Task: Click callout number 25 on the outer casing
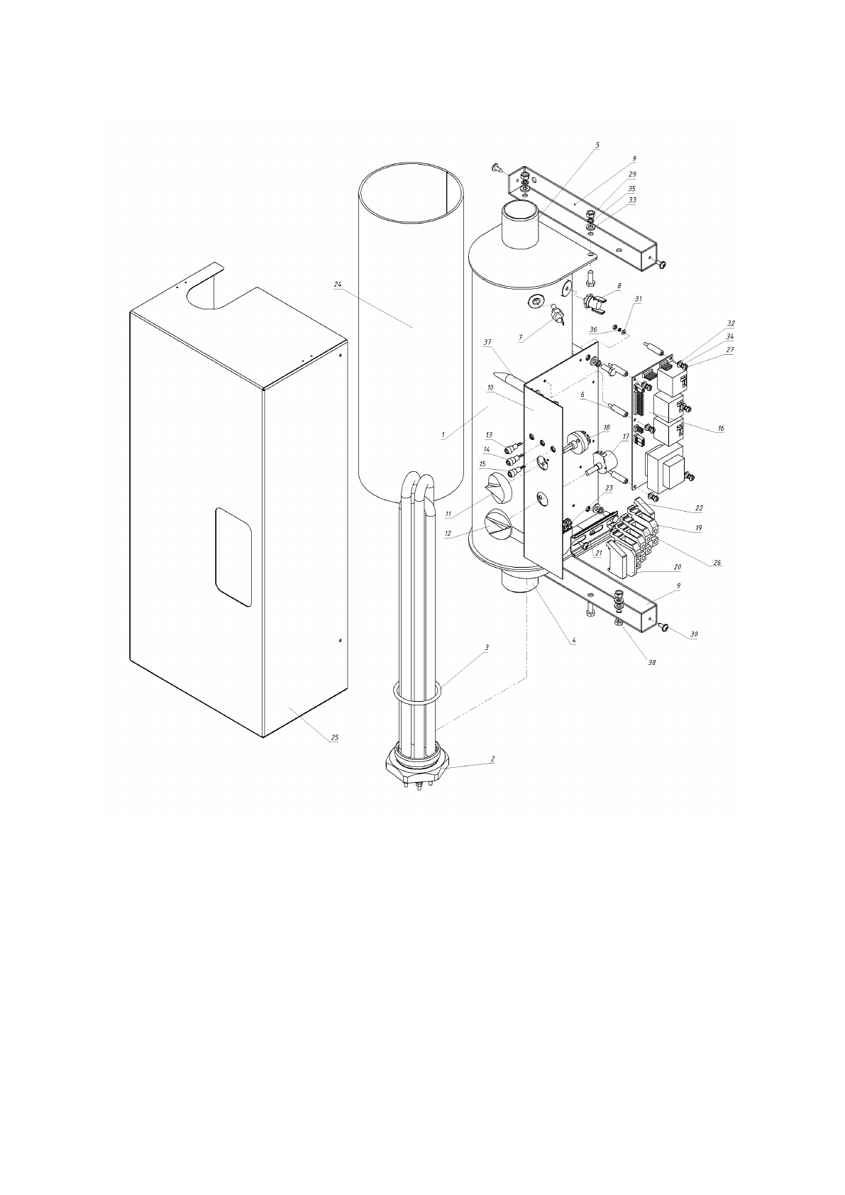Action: [x=334, y=737]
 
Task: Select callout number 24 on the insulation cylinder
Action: [x=337, y=285]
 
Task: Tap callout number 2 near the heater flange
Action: [x=493, y=758]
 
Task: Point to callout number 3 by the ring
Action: [x=487, y=647]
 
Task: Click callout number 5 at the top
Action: [x=597, y=145]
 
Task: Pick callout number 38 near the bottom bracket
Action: [x=651, y=663]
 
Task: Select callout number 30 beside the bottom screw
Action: [x=693, y=634]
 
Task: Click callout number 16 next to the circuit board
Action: [x=721, y=429]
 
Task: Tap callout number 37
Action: [x=487, y=342]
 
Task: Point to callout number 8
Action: [x=619, y=286]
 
